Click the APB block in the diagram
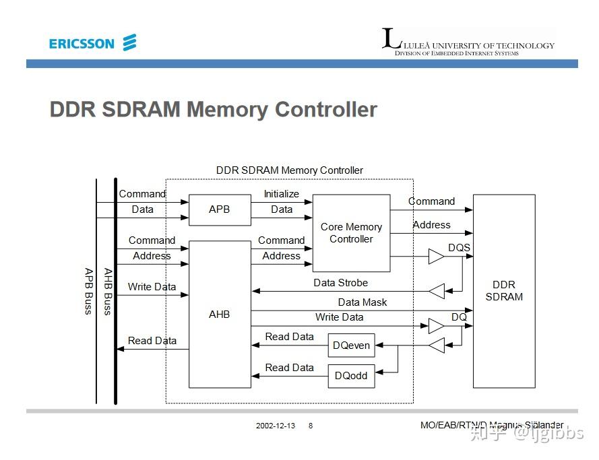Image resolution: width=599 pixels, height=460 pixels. (x=220, y=209)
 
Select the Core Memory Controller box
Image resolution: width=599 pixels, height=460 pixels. (x=351, y=233)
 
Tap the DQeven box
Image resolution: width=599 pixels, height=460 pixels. (x=352, y=346)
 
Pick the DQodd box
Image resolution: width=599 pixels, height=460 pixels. (x=352, y=376)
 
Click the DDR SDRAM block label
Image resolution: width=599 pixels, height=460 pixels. (x=504, y=291)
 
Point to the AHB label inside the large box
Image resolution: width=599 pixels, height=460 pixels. (x=219, y=314)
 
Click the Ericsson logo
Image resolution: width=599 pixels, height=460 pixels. (x=93, y=42)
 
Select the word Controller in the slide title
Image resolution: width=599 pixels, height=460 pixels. (x=326, y=109)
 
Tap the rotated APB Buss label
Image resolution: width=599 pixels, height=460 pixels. (x=89, y=291)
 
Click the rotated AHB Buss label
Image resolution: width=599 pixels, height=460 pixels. (x=108, y=292)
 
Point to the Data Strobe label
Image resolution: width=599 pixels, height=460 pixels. (x=340, y=283)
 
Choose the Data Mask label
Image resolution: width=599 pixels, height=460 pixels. (x=362, y=302)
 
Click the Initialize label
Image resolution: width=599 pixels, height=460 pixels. (x=282, y=194)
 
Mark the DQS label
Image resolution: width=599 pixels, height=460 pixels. (x=459, y=248)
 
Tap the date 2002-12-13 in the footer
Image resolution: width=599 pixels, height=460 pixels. (x=276, y=426)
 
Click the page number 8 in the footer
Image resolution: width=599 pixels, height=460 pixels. (x=311, y=426)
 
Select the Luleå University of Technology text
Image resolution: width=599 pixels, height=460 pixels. (x=479, y=46)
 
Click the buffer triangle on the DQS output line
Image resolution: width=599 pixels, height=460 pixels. (x=436, y=256)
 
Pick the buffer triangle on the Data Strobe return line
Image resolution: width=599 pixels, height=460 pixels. (x=437, y=291)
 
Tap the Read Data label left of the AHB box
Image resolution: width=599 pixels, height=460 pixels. (x=152, y=341)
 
